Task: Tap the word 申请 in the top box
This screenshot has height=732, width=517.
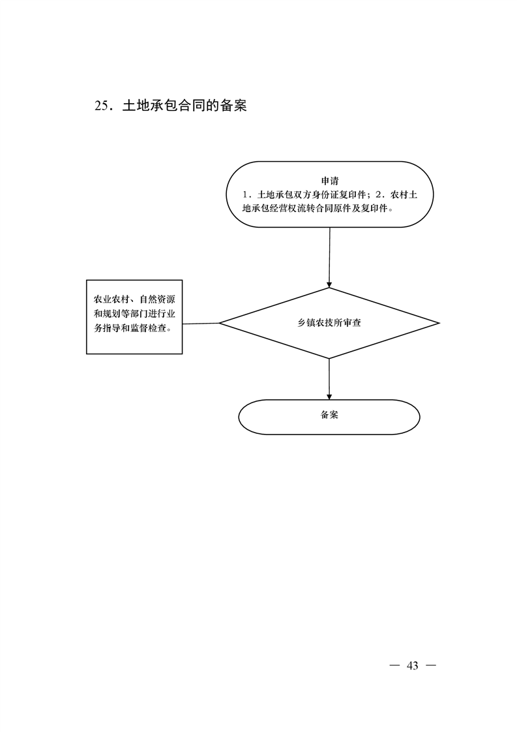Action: [330, 181]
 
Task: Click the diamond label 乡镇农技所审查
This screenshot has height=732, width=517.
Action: [329, 322]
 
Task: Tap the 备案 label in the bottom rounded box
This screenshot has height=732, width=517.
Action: [329, 414]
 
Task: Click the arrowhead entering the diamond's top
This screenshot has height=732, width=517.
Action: [329, 284]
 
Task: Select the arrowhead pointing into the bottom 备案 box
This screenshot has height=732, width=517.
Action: [329, 397]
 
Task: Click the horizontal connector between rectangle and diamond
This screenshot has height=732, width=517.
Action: [201, 323]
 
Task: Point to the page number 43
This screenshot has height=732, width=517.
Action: [413, 665]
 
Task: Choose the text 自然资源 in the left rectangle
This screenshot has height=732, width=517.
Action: [157, 299]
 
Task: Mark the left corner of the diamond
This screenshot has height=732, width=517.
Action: [220, 323]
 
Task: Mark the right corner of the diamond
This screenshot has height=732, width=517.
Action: [439, 323]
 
